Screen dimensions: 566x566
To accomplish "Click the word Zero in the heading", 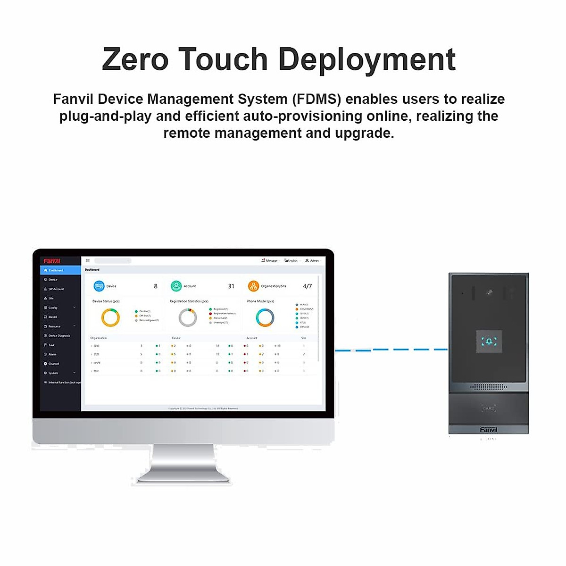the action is coord(135,59).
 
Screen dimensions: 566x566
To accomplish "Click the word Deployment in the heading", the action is coord(367,59).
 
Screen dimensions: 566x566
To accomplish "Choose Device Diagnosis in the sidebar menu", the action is coord(59,336).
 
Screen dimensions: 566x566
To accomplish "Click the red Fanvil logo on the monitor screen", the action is coord(52,261).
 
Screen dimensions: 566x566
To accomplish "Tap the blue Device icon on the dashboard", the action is coord(99,286).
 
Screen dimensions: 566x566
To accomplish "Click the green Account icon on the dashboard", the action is coord(176,286).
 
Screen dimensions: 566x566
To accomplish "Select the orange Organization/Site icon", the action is coord(253,286).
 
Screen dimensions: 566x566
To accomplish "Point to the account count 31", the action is coord(231,286).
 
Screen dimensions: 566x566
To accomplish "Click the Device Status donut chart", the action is coord(110,317).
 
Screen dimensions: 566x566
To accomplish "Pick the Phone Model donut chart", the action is coord(265,317).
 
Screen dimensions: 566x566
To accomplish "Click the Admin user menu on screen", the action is coord(312,260).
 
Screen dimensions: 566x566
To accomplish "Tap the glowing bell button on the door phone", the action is coord(489,341).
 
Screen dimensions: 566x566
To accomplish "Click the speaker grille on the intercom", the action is coord(489,387).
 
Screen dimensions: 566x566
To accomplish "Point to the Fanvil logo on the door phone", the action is coord(489,430).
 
